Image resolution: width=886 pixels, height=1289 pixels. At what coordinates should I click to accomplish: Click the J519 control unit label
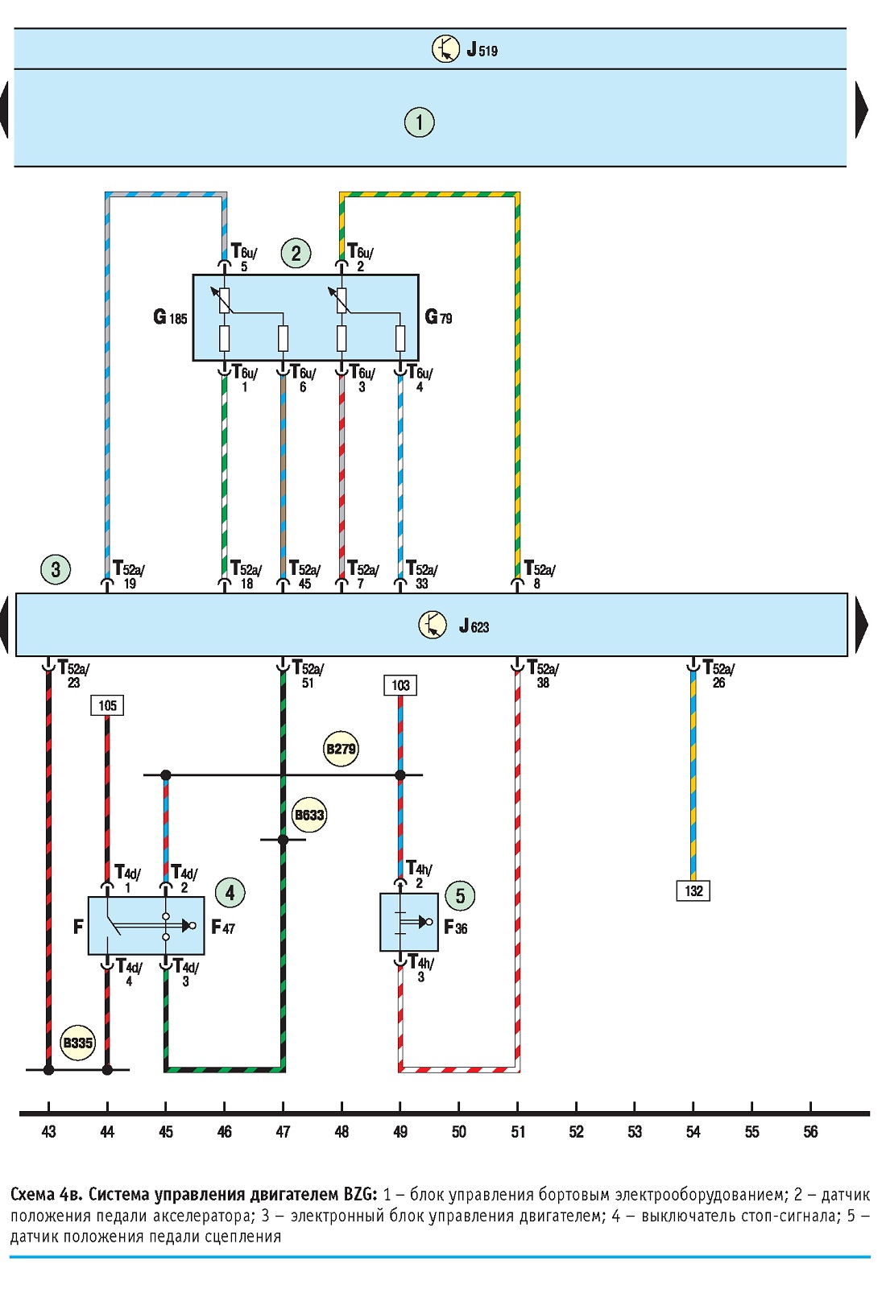pos(482,50)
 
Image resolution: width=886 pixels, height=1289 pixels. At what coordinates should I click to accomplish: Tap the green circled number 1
pos(419,122)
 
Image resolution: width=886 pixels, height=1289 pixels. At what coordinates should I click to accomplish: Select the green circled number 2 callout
pos(296,253)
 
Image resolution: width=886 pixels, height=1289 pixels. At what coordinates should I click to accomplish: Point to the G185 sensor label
pos(171,317)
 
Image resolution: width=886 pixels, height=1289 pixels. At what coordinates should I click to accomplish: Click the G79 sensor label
pos(438,316)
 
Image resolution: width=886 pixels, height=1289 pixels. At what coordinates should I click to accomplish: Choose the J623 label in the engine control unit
pos(474,626)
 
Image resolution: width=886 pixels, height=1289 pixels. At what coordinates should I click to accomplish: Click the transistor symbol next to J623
pos(433,626)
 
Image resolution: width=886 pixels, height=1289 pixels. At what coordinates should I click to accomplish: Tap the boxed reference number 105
pos(107,705)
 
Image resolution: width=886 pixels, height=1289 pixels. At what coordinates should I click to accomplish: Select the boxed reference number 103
pos(400,685)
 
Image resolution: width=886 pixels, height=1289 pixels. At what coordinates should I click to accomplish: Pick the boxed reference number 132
pos(693,891)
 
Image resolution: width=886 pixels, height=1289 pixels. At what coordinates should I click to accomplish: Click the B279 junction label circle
pos(341,749)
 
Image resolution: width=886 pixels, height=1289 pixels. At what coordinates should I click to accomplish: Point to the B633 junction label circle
pos(309,815)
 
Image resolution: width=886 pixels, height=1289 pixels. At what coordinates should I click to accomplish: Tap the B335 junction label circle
pos(77,1043)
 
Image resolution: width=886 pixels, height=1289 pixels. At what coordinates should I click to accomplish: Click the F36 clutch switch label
pos(455,928)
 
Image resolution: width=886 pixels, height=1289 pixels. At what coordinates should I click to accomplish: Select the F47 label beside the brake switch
pos(223,927)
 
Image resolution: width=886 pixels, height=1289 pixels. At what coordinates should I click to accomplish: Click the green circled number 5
pos(460,895)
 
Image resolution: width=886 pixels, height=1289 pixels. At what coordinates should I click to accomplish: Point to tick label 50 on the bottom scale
pos(459,1132)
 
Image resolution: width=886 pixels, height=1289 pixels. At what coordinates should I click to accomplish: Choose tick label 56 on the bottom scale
pos(810,1132)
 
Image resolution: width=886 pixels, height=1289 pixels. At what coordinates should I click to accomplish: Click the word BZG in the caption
pos(360,1195)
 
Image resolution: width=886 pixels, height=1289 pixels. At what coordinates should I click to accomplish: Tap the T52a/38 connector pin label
pos(543,675)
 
